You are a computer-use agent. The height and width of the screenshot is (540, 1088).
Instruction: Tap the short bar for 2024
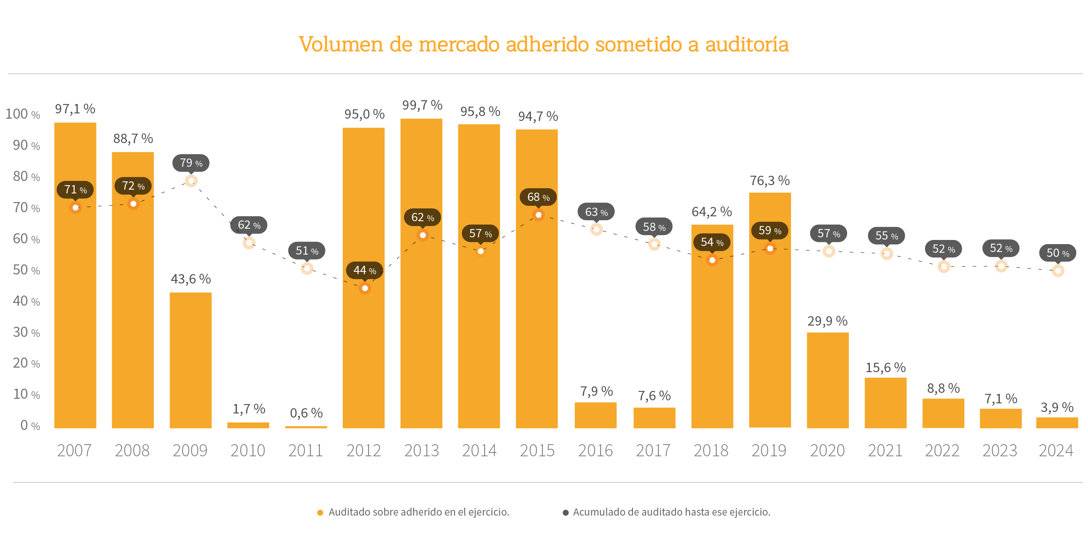pyautogui.click(x=1057, y=422)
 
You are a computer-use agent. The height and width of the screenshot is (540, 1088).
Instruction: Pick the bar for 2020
pyautogui.click(x=827, y=380)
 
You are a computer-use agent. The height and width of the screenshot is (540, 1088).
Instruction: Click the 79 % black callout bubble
pyautogui.click(x=191, y=163)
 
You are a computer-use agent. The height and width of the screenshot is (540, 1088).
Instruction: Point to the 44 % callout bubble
pyautogui.click(x=365, y=270)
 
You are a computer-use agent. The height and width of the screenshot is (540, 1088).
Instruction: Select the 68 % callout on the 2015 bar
pyautogui.click(x=538, y=197)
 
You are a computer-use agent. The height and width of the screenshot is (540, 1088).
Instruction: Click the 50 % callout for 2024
pyautogui.click(x=1058, y=253)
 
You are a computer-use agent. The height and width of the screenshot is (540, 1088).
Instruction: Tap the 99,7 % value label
pyautogui.click(x=422, y=105)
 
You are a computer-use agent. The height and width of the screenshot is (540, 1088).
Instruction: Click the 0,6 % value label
pyautogui.click(x=306, y=413)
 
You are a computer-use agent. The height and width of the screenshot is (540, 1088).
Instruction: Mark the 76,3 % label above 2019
pyautogui.click(x=770, y=180)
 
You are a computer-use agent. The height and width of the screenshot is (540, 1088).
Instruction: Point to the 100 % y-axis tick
pyautogui.click(x=23, y=114)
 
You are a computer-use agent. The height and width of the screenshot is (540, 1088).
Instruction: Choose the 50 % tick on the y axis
pyautogui.click(x=26, y=270)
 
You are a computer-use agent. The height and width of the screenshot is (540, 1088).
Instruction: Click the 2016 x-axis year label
pyautogui.click(x=595, y=450)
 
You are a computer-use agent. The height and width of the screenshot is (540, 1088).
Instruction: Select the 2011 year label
pyautogui.click(x=305, y=450)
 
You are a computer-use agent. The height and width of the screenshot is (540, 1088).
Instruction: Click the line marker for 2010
pyautogui.click(x=249, y=243)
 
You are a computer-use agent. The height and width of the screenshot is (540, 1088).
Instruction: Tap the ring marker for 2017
pyautogui.click(x=654, y=244)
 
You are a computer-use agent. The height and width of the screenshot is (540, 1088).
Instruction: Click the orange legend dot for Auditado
pyautogui.click(x=320, y=513)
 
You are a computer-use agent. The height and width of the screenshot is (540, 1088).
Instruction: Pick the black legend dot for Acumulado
pyautogui.click(x=565, y=513)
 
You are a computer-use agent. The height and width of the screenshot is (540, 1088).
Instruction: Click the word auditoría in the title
pyautogui.click(x=747, y=44)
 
